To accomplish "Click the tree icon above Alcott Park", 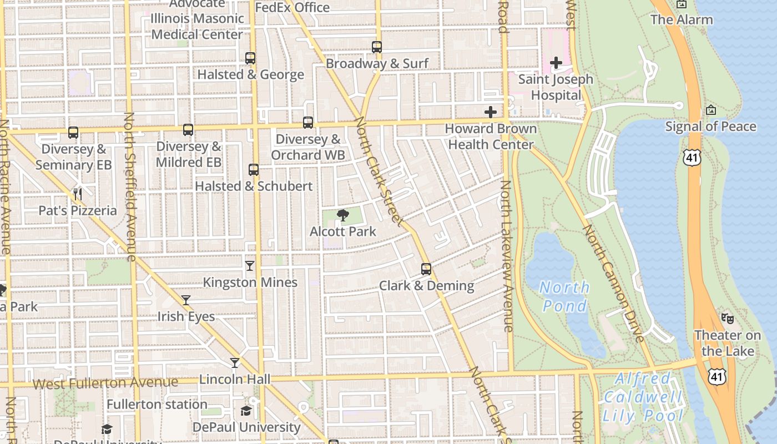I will click(343, 215).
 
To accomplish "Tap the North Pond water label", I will click(564, 296).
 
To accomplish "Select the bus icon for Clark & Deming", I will click(426, 269).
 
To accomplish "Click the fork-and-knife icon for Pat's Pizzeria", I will click(78, 194).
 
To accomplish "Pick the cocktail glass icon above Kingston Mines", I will click(250, 266).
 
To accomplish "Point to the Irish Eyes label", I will click(186, 316).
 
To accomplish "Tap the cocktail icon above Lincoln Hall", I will click(235, 363).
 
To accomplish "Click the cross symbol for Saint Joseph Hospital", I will click(556, 63).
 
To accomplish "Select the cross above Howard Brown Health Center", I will click(491, 112).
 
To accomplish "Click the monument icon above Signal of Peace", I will click(710, 110).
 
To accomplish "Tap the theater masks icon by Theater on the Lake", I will click(727, 319).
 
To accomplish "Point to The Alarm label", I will click(682, 20).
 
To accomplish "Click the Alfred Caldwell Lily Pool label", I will click(643, 397).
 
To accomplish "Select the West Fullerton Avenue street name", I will click(105, 382).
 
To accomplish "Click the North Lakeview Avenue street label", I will click(507, 256).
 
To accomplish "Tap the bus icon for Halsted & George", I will click(250, 58).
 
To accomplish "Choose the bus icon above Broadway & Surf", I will click(377, 47).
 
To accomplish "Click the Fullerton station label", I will click(157, 404).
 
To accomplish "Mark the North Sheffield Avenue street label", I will click(130, 186).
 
